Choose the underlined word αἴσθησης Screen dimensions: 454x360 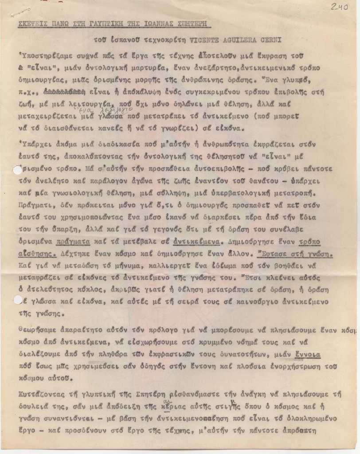point(38,254)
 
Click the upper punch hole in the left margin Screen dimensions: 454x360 point(18,170)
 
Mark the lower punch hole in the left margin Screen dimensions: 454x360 point(18,300)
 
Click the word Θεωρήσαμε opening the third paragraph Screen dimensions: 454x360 point(38,330)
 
